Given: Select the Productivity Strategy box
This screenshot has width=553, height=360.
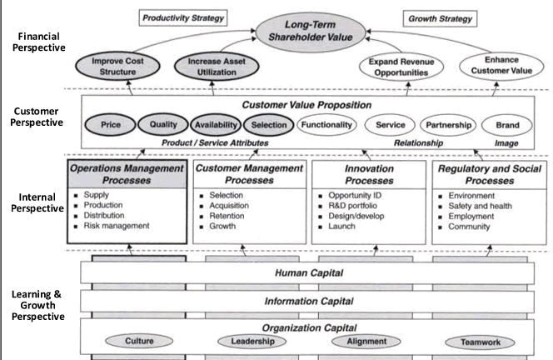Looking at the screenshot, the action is point(183,18).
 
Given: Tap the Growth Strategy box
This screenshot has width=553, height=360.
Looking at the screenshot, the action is point(440,18).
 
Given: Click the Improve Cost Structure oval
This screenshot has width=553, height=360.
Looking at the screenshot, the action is point(117,67).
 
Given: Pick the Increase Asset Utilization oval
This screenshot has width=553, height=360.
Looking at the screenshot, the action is point(217,67).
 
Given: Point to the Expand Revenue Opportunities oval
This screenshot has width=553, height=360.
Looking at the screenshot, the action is point(401,67).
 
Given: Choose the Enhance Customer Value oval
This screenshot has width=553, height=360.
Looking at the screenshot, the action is point(501,66).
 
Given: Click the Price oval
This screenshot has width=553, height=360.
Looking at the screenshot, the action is point(111,125).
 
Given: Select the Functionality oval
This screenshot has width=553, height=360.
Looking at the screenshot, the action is point(326,125).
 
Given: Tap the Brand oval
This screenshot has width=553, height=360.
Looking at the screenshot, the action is point(507,125).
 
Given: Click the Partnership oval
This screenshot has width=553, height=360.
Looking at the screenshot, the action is point(448,125).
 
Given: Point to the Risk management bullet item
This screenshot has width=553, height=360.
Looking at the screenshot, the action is point(117,226).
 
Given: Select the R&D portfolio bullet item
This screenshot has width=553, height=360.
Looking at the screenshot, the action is point(352,206).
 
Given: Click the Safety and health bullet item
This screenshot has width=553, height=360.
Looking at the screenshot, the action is point(480,206).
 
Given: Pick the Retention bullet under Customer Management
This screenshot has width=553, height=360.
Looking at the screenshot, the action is point(227,216).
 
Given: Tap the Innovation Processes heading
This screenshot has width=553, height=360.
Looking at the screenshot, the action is point(369,175).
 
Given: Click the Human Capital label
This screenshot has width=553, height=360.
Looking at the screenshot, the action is point(309,272).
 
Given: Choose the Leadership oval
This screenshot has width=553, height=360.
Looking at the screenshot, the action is point(252,342).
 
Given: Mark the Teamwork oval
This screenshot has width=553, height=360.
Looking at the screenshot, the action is point(480,342).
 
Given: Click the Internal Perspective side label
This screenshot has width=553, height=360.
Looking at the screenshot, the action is point(37,202).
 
